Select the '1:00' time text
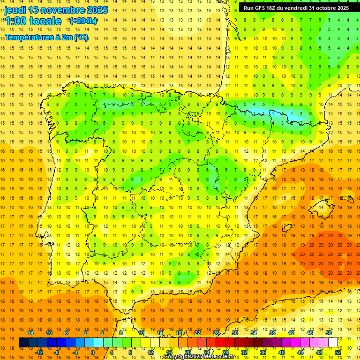click(16, 21)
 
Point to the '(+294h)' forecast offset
click(83, 21)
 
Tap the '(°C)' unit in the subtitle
click(80, 37)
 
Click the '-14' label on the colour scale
click(30, 333)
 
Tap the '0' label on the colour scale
click(93, 352)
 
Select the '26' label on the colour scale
click(216, 333)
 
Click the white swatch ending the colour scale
click(333, 343)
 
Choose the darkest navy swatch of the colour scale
click(23, 343)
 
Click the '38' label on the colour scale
click(272, 333)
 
